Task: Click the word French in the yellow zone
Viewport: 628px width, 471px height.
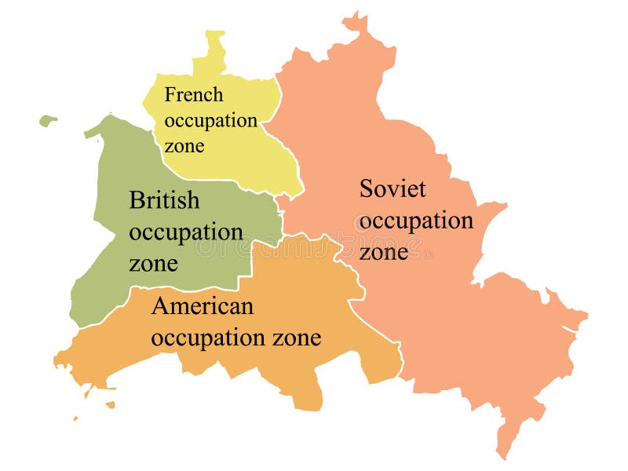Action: click(193, 96)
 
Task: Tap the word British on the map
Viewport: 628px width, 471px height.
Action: click(164, 201)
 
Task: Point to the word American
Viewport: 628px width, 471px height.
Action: click(203, 306)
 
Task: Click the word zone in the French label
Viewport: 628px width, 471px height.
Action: click(184, 146)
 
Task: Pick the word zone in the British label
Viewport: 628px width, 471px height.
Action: click(153, 264)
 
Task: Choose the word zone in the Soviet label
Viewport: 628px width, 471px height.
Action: click(384, 253)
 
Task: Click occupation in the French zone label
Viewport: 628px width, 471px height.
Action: click(210, 121)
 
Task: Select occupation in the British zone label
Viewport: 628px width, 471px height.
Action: click(186, 233)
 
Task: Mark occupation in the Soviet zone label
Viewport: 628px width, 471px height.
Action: click(416, 221)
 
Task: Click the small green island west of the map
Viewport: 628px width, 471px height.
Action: click(48, 121)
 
